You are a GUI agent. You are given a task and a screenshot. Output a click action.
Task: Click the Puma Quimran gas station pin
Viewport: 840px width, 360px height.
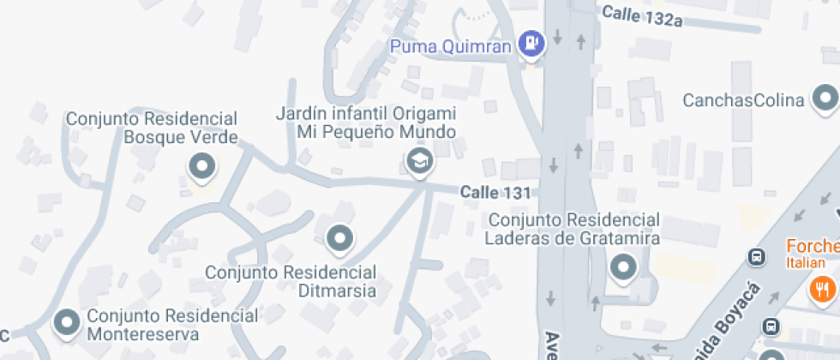tap(533, 43)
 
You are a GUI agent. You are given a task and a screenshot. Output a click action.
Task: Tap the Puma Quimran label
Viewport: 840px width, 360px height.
tap(451, 45)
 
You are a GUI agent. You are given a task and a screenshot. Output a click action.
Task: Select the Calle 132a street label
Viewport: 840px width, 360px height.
tap(642, 15)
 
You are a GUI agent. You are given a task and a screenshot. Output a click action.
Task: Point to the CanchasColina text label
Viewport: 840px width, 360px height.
tap(743, 100)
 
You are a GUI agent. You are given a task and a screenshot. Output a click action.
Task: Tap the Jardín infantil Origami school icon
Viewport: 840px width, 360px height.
tap(418, 160)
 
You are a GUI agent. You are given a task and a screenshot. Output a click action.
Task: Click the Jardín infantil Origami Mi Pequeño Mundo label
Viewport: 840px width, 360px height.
tap(365, 123)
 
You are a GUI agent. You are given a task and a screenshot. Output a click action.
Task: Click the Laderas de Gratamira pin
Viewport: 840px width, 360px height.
tap(623, 269)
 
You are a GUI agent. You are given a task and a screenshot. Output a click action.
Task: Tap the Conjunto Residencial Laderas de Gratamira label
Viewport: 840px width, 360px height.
tap(573, 229)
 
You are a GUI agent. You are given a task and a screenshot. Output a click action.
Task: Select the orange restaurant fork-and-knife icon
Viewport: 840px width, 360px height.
tap(824, 289)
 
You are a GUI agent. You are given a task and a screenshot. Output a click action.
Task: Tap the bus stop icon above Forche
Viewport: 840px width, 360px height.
tap(757, 256)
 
